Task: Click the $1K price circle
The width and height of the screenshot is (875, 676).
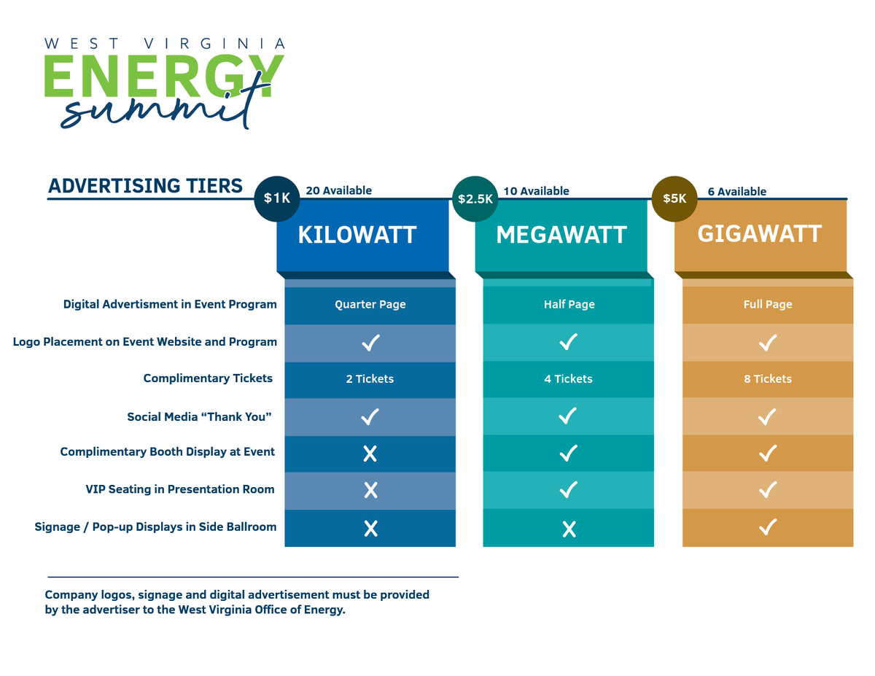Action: [x=276, y=198]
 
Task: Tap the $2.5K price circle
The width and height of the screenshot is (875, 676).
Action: [x=475, y=198]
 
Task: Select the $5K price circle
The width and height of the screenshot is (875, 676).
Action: [x=674, y=198]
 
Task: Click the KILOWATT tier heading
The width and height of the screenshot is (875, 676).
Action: [x=357, y=235]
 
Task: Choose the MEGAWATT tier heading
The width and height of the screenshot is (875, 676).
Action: [x=561, y=235]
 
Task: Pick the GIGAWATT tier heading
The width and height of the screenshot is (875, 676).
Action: [x=760, y=233]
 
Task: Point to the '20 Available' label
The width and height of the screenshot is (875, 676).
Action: [x=338, y=190]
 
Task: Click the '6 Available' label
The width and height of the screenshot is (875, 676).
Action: [x=736, y=191]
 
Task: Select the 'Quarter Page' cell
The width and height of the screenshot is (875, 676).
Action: [x=370, y=305]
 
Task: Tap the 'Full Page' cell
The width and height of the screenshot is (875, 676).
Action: [x=768, y=305]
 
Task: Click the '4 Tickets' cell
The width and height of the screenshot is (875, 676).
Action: [x=568, y=379]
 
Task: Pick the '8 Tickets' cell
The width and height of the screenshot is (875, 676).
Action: [x=768, y=379]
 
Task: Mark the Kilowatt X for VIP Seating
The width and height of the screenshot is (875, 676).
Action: [x=370, y=490]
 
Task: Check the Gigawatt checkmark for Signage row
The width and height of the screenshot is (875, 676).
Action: [x=768, y=527]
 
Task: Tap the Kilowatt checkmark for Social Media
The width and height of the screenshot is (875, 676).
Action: [x=370, y=416]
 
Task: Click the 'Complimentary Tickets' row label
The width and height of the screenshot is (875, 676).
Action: [x=208, y=378]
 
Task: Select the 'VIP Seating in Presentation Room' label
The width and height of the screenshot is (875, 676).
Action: [x=180, y=489]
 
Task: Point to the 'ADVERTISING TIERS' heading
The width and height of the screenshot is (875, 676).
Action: [x=145, y=186]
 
